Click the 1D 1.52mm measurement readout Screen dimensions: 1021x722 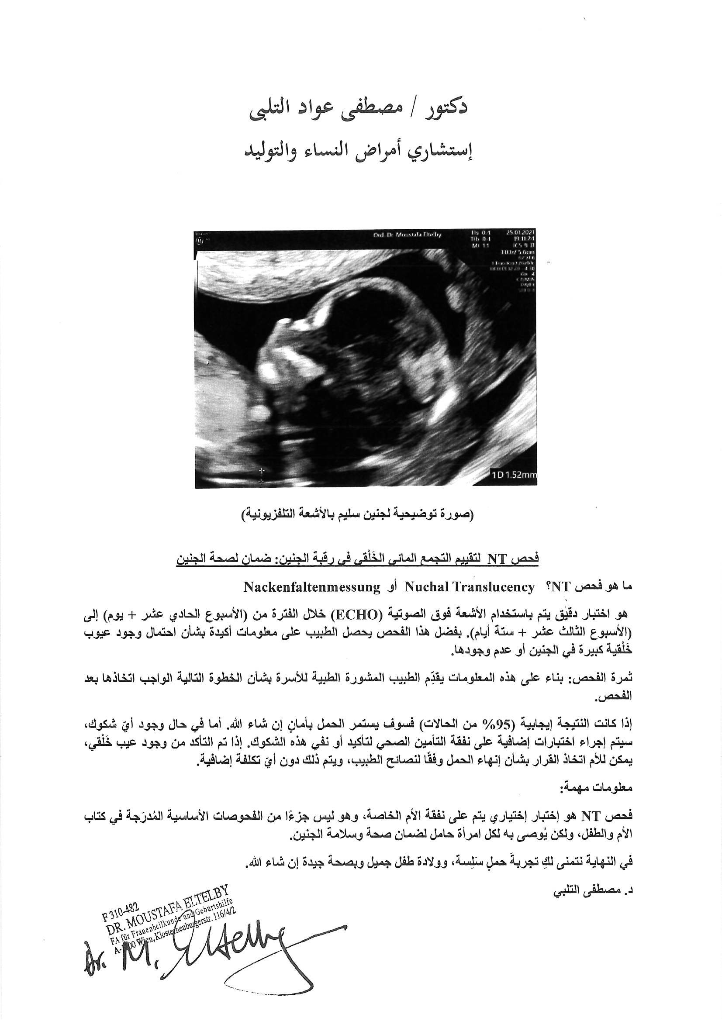514,475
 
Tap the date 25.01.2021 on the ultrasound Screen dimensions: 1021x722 521,233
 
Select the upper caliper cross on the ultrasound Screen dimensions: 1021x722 261,470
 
